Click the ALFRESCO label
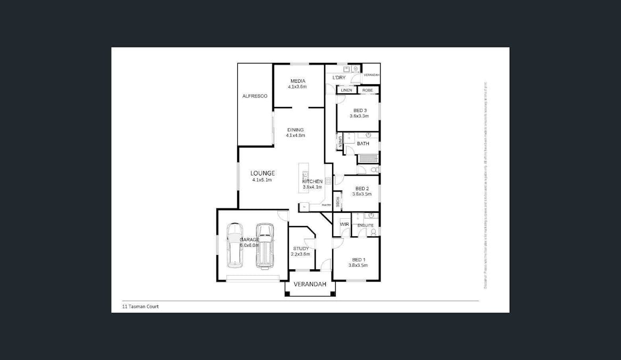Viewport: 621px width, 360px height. point(254,96)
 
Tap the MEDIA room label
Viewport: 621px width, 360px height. point(297,81)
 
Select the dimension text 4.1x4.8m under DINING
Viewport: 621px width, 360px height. point(295,135)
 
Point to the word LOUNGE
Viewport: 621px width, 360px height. point(263,173)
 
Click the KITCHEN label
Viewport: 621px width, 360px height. point(313,181)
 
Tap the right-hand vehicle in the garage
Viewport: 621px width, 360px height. point(264,245)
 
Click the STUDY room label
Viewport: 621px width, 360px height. point(301,249)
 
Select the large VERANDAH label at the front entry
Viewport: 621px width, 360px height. point(310,284)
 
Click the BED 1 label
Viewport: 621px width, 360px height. point(358,260)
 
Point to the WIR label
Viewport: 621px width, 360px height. point(344,225)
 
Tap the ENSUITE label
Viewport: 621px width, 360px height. point(366,226)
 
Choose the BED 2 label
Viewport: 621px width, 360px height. point(361,188)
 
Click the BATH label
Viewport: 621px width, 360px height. point(363,143)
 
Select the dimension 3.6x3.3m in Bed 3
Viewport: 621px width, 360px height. point(359,116)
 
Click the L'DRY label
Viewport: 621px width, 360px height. point(339,78)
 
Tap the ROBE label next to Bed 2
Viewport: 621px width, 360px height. point(337,202)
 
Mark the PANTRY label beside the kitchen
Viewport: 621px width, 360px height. point(326,205)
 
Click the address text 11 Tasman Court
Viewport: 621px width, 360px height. point(141,307)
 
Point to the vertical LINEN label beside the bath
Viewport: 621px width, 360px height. point(340,142)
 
